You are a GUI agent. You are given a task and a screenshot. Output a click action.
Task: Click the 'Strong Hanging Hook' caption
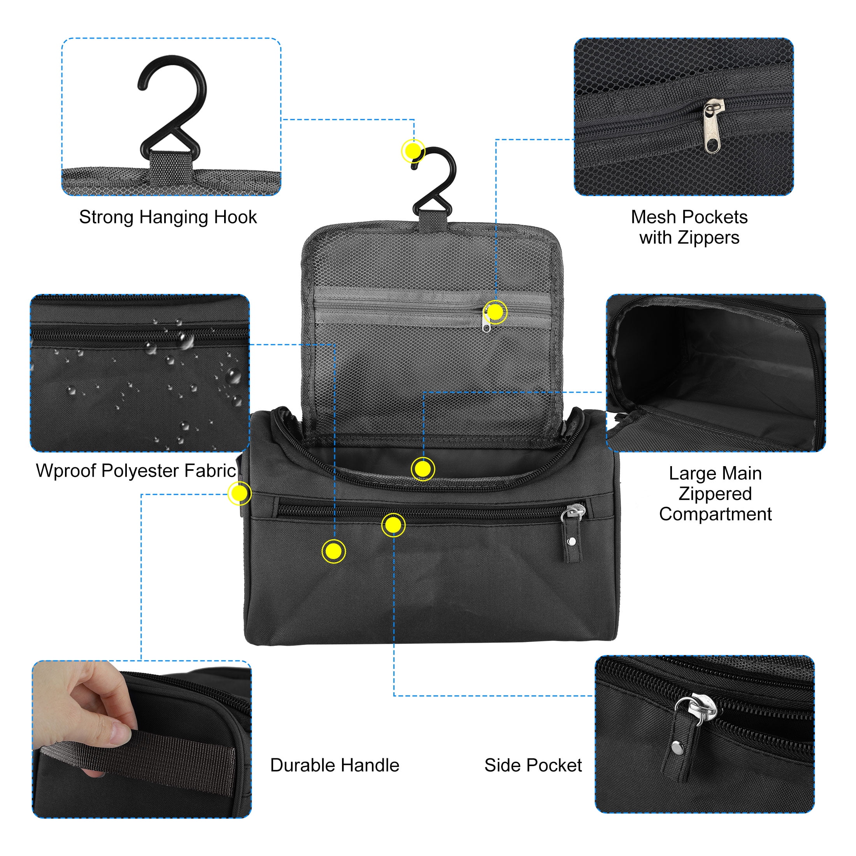click(x=168, y=218)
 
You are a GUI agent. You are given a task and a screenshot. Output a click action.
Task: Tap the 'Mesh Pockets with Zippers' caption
click(x=689, y=227)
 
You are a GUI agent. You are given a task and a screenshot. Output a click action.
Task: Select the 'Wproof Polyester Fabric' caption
click(x=136, y=470)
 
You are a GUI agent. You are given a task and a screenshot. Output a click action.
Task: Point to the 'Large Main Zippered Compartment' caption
click(x=715, y=494)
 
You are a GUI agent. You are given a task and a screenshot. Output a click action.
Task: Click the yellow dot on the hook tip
click(x=413, y=151)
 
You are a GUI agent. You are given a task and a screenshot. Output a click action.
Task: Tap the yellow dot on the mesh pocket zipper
click(x=495, y=312)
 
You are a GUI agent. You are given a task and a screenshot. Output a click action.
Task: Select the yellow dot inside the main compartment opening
click(x=423, y=469)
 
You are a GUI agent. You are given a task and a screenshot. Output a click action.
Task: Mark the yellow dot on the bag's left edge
click(x=239, y=493)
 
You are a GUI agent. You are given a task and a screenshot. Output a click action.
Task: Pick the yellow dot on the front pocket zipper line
click(x=393, y=525)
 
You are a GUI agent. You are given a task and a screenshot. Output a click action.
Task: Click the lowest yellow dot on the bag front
click(x=333, y=551)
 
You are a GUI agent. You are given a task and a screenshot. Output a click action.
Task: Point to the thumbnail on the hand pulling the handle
click(x=119, y=732)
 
